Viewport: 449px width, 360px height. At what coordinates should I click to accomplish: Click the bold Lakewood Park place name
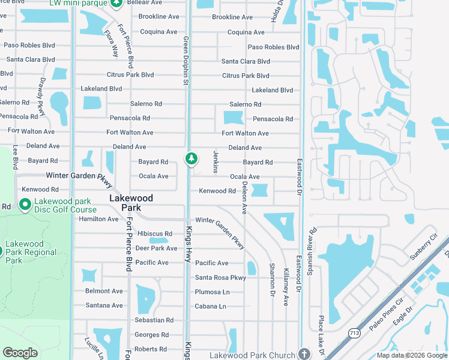click(x=131, y=202)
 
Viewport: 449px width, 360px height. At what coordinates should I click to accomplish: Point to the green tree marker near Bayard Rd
click(x=191, y=159)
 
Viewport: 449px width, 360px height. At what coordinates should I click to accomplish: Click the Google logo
click(x=20, y=353)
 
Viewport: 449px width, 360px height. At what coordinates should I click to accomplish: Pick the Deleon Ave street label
click(x=244, y=199)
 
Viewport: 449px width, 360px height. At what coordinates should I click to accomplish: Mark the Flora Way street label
click(x=110, y=44)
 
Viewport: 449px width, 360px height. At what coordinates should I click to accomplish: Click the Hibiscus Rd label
click(x=155, y=233)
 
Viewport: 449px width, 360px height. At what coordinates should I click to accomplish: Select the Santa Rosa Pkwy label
click(x=220, y=277)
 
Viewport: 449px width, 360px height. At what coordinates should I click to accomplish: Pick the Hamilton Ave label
click(x=98, y=219)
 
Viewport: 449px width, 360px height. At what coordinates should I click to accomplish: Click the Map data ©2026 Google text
click(x=412, y=355)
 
